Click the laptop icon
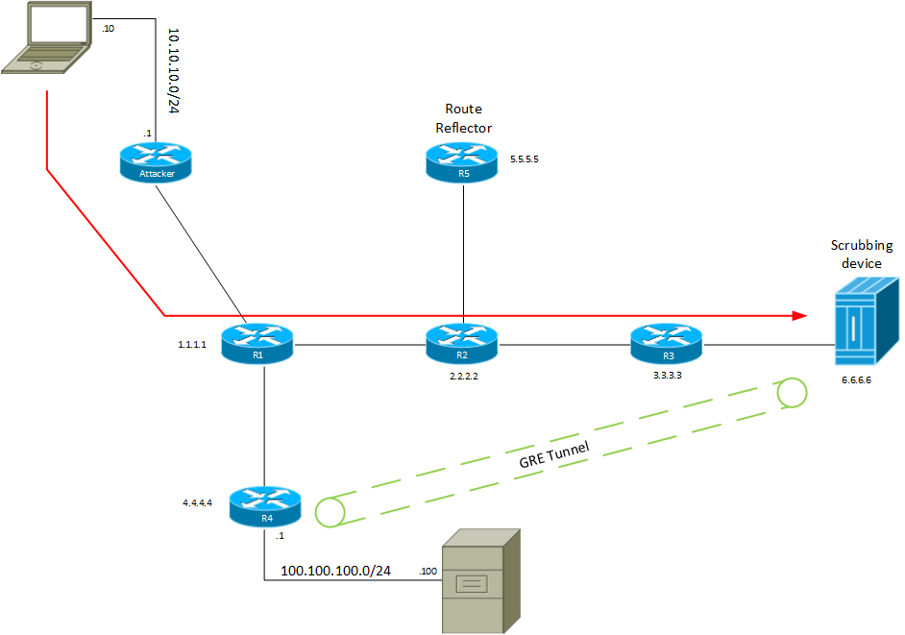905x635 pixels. [x=48, y=38]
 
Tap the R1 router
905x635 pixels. [x=257, y=343]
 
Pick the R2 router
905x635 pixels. [x=463, y=343]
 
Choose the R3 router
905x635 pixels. [x=666, y=343]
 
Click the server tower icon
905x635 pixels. [x=479, y=580]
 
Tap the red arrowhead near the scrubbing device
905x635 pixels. [x=797, y=315]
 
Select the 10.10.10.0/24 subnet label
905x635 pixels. [x=174, y=70]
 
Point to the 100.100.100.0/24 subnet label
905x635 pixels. [x=335, y=571]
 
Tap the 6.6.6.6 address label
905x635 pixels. [x=853, y=381]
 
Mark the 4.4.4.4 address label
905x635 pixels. [x=200, y=501]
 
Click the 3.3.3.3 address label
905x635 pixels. [x=666, y=377]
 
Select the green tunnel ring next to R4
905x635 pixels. [x=330, y=512]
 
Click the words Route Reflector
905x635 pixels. [x=463, y=118]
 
